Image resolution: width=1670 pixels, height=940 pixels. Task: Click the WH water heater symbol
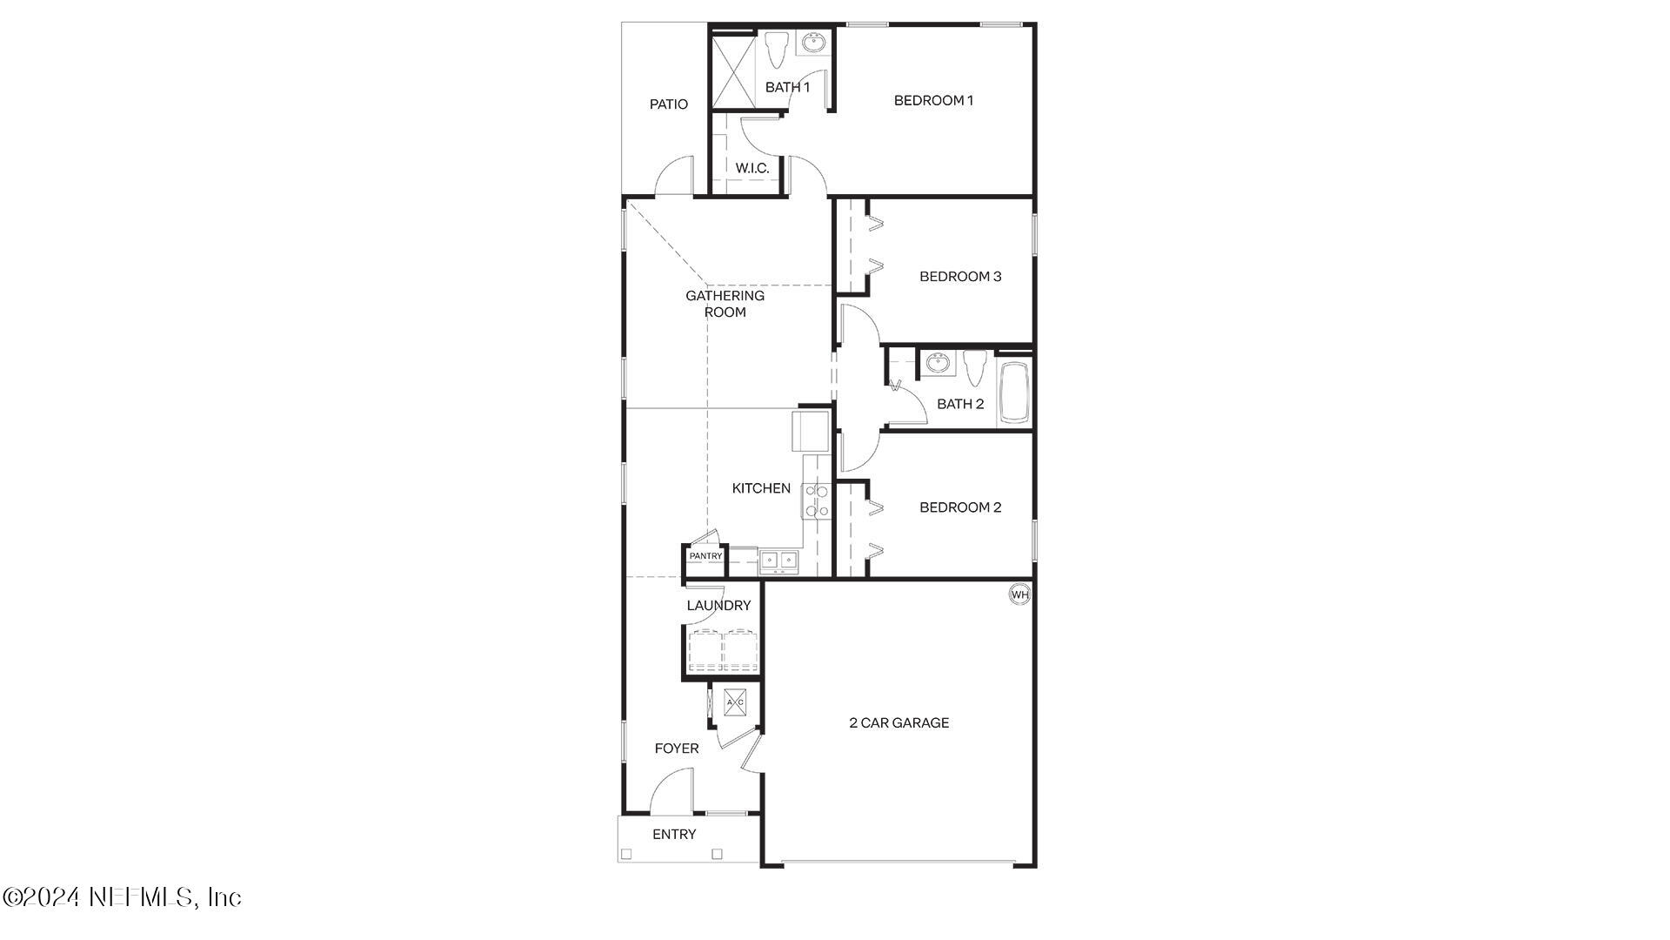pos(1019,594)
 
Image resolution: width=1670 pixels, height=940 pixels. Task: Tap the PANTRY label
pos(705,556)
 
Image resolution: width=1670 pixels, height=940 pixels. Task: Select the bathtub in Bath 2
pos(1014,392)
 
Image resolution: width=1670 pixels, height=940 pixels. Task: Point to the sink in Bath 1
pos(813,43)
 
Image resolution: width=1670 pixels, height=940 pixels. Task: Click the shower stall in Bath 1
pos(734,70)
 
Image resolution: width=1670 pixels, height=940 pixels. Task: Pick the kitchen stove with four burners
pos(817,501)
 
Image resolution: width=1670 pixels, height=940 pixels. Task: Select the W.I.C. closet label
pos(752,168)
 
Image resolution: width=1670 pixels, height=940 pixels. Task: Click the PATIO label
pos(669,104)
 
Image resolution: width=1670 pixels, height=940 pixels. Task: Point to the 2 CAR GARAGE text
pos(898,722)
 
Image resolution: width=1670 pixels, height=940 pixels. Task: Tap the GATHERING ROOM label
pos(725,304)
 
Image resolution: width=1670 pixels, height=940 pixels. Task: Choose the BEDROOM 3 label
pos(960,277)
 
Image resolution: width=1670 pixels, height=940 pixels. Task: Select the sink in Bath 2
pos(938,363)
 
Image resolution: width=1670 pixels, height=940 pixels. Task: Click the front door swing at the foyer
pos(671,790)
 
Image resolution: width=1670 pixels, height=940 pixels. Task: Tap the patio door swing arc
pos(674,176)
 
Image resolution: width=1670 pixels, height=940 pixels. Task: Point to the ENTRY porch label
pos(674,835)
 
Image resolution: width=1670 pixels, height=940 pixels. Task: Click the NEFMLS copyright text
pos(122,896)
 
